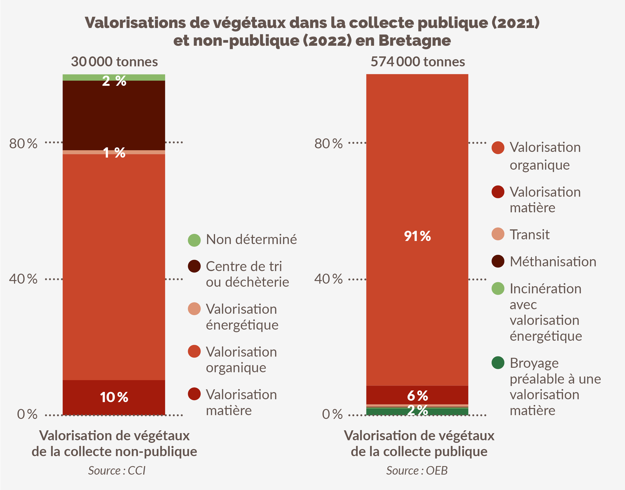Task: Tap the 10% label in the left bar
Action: click(x=114, y=397)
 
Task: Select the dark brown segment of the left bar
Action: click(x=114, y=115)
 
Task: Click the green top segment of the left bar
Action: click(x=86, y=77)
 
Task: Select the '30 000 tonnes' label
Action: click(x=114, y=62)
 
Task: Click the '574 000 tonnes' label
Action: click(x=418, y=62)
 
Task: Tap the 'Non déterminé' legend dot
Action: click(x=194, y=240)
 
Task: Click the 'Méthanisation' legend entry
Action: click(x=553, y=262)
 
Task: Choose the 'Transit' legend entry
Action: click(x=529, y=234)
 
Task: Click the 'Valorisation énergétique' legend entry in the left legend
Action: click(x=241, y=317)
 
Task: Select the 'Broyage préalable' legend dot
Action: click(x=498, y=363)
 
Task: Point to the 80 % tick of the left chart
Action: click(x=23, y=143)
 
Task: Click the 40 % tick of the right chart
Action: click(x=328, y=279)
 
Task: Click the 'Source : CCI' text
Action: click(x=116, y=471)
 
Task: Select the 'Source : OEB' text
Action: click(x=417, y=471)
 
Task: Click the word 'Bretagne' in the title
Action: click(x=414, y=40)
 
